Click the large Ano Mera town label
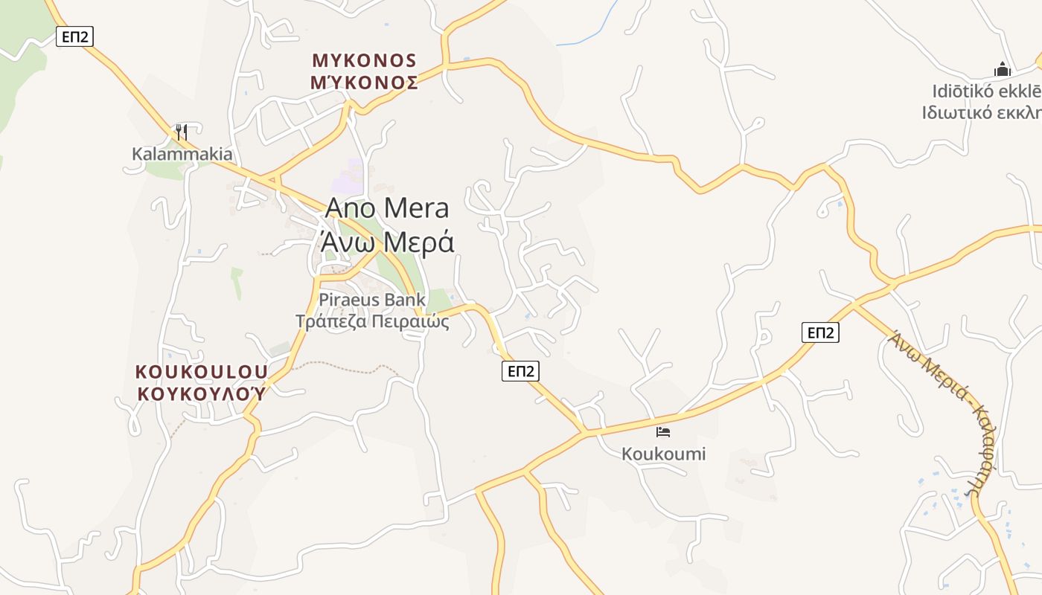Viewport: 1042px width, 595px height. (387, 208)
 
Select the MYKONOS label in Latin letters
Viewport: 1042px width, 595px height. (364, 60)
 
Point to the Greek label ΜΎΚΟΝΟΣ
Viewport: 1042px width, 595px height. (364, 83)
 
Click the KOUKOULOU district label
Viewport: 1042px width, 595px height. (201, 371)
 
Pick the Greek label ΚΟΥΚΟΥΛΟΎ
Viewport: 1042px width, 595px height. (201, 393)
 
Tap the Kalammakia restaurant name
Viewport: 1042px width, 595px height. (182, 154)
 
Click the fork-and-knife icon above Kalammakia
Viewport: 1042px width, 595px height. (181, 132)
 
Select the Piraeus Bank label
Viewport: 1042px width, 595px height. (372, 300)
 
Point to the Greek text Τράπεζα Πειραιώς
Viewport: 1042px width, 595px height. (372, 322)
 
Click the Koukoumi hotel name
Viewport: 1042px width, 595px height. (664, 454)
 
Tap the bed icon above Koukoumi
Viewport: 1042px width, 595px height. (663, 431)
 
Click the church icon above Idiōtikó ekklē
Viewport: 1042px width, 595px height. (1003, 70)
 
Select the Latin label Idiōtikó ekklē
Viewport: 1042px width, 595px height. (986, 91)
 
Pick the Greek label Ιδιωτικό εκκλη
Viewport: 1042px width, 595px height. (981, 112)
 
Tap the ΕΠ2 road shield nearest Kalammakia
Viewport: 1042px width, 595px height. (75, 36)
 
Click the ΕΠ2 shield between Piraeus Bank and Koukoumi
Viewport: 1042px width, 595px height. (520, 371)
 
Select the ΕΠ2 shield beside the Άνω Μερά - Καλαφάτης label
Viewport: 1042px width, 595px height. (820, 332)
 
